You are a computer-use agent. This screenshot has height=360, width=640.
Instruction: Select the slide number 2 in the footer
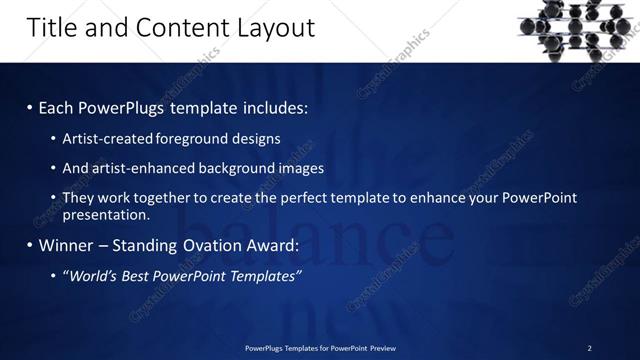(x=589, y=348)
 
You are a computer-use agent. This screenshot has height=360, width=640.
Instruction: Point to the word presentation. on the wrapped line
(x=106, y=214)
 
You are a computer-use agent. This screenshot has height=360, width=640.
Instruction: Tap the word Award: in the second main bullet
(x=273, y=245)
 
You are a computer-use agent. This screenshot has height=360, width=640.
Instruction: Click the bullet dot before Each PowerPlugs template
(x=29, y=107)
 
